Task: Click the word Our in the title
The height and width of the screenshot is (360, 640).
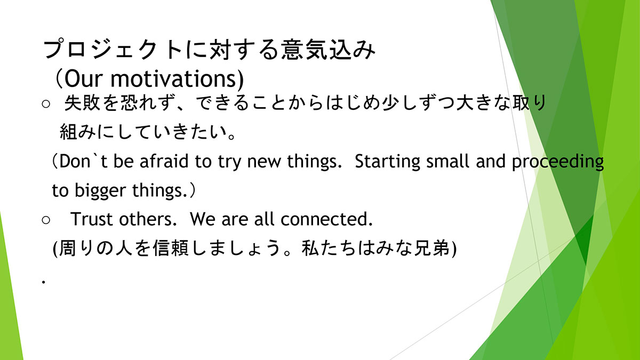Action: click(x=83, y=78)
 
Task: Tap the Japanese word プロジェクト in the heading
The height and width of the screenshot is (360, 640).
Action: click(x=113, y=50)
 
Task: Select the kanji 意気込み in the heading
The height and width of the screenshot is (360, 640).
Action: click(x=329, y=50)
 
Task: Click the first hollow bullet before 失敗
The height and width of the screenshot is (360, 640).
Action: click(x=46, y=103)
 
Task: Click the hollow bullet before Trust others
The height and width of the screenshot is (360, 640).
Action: click(x=46, y=220)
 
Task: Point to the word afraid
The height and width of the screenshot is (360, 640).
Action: click(x=164, y=161)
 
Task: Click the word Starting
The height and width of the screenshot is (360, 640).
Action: click(x=387, y=162)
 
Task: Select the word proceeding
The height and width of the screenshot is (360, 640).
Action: click(x=558, y=162)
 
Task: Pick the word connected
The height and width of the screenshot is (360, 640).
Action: click(x=326, y=219)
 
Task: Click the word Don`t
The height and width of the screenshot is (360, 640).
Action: click(x=83, y=161)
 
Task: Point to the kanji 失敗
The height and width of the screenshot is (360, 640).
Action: click(x=83, y=103)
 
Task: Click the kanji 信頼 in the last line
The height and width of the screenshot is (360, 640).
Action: click(x=171, y=248)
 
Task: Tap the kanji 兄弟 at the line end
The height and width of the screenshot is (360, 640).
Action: click(x=432, y=248)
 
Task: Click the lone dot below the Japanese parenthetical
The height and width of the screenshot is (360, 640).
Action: click(x=43, y=282)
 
